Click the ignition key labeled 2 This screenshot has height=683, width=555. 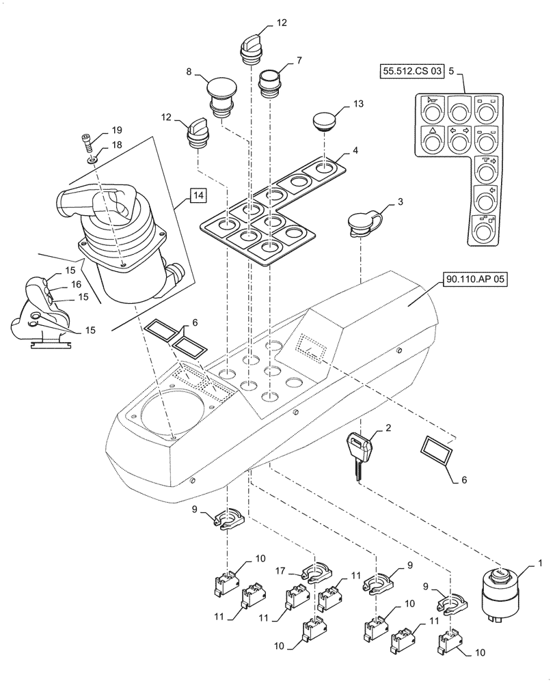pos(360,454)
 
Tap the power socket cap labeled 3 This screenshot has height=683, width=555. pos(361,224)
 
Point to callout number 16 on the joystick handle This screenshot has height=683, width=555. pos(76,283)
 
